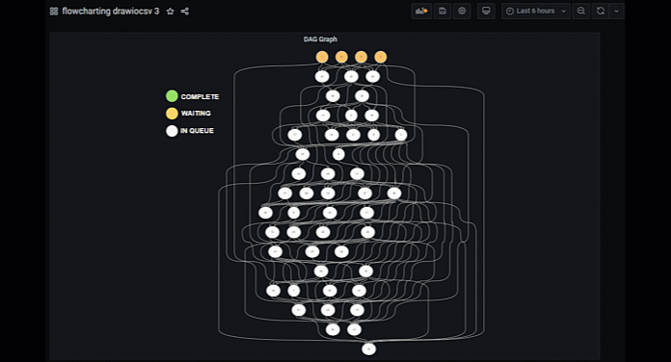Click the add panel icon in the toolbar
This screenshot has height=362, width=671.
[x=421, y=11]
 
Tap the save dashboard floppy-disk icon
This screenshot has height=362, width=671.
[x=443, y=11]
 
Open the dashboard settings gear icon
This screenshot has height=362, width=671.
[x=463, y=11]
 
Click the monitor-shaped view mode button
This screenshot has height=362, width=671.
[x=486, y=11]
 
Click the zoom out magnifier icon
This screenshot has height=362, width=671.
[x=580, y=11]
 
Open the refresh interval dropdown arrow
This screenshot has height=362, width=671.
[x=617, y=11]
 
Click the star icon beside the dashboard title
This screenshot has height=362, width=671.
[x=171, y=11]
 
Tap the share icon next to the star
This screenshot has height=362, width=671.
[x=185, y=11]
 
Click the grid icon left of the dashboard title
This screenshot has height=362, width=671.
[x=54, y=11]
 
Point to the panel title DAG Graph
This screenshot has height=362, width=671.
[x=320, y=39]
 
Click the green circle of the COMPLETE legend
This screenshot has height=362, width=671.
[x=172, y=96]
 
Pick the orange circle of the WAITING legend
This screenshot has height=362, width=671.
[x=172, y=114]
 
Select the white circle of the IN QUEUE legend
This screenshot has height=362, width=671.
[x=172, y=131]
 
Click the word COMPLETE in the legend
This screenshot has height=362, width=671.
[x=200, y=96]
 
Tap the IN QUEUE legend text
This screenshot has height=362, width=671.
[x=197, y=131]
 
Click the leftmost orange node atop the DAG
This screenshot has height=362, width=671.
[x=322, y=57]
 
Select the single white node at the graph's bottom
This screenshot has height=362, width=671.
[x=368, y=349]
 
